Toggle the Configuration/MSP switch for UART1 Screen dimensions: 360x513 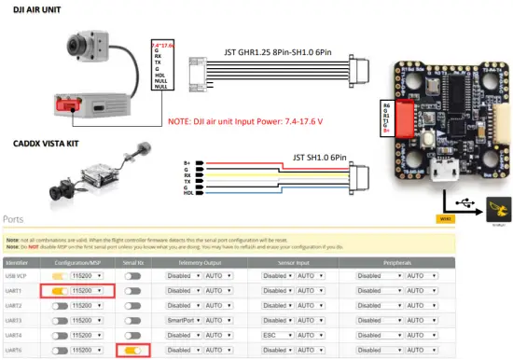(x=60, y=291)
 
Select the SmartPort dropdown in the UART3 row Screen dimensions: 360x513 (x=183, y=320)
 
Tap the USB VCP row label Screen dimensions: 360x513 (x=19, y=276)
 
